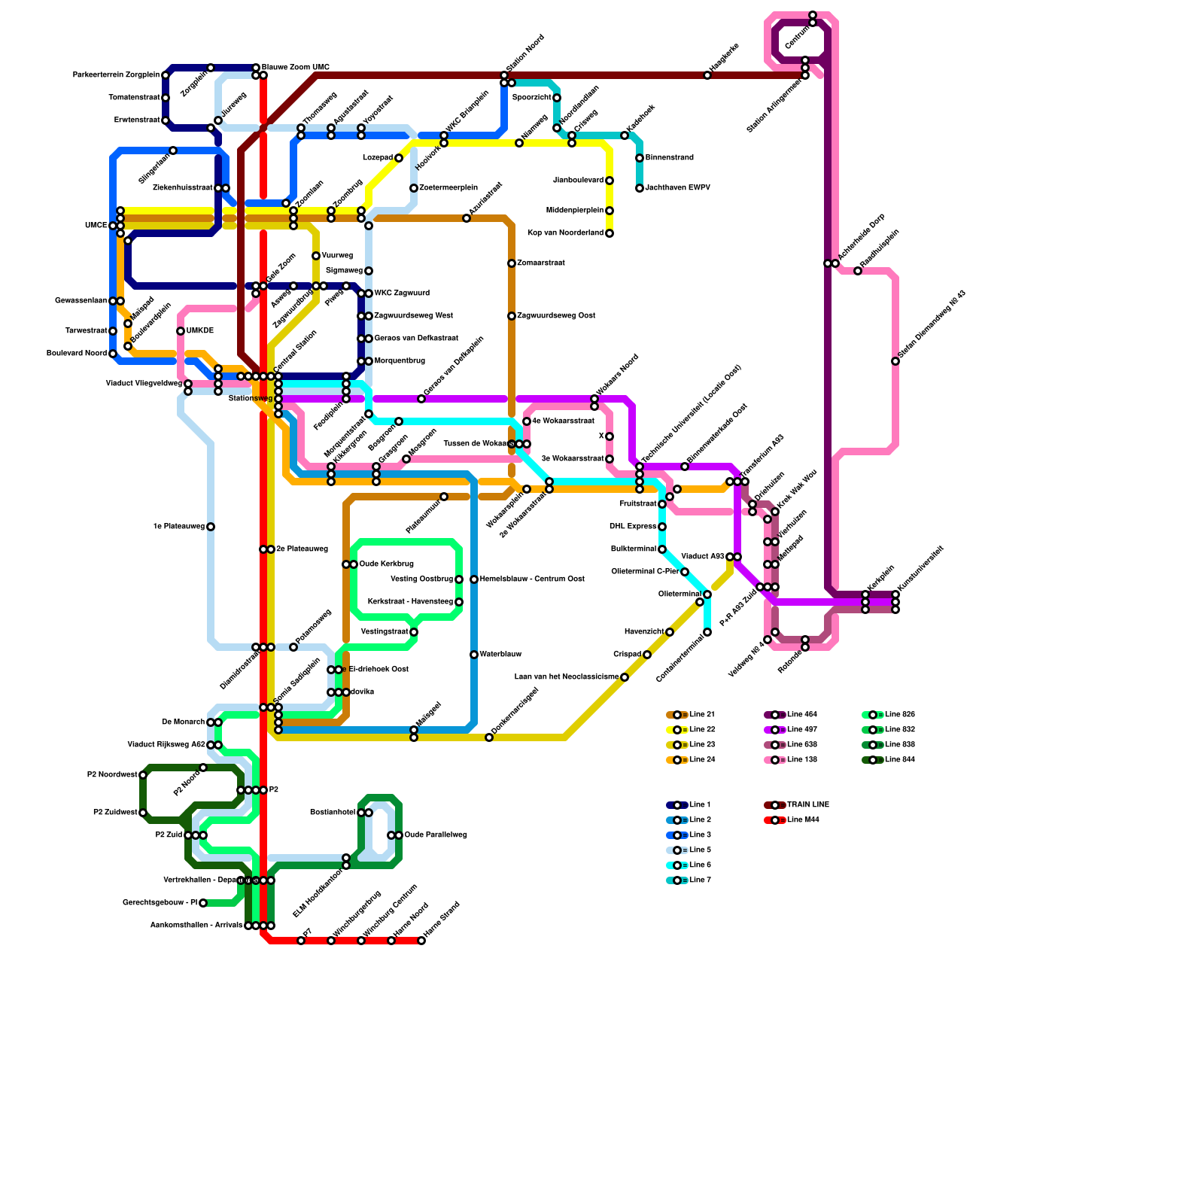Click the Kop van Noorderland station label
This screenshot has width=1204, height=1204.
566,233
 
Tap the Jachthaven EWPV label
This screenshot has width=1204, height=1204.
677,188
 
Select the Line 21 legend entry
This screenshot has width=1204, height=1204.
701,715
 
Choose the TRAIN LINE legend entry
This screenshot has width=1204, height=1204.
807,805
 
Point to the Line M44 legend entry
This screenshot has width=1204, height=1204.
802,820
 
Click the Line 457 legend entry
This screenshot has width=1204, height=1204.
801,730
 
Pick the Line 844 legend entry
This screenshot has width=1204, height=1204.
899,760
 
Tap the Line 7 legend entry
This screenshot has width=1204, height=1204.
700,880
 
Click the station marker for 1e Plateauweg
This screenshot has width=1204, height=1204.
211,527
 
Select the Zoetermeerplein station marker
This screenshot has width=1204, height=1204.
414,188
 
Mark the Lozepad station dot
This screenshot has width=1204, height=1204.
399,158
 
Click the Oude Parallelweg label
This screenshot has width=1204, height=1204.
436,835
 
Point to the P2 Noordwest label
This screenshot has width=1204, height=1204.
112,775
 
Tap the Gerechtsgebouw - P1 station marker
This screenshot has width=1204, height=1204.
203,903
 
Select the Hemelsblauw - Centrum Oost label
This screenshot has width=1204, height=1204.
531,579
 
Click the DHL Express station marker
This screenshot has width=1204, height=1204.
662,527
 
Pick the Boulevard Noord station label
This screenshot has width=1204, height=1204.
77,354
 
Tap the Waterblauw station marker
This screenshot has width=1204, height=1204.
474,655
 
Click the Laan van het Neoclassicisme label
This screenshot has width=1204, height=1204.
566,677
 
